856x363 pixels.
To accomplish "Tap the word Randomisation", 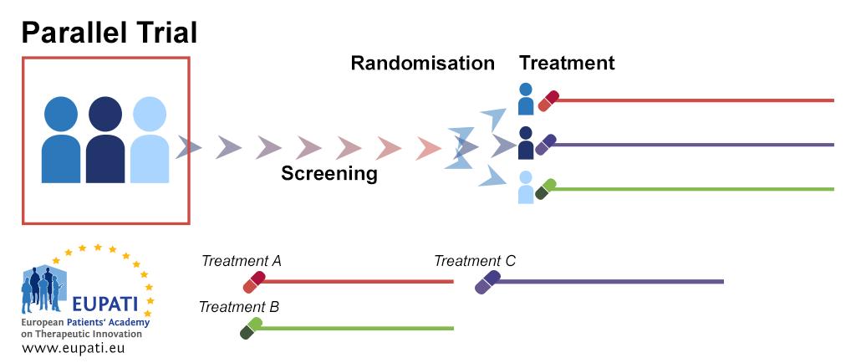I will click(422, 63).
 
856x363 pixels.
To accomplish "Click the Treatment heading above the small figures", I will click(567, 63).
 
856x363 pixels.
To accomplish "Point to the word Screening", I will click(329, 173).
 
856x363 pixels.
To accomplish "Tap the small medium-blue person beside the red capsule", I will click(526, 99).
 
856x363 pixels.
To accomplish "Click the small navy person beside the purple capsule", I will click(526, 143).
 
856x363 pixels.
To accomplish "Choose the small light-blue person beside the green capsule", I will click(526, 187).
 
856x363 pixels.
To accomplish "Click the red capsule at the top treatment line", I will click(548, 100).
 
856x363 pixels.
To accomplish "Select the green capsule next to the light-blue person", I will click(546, 189).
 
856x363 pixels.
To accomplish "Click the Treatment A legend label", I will click(242, 261).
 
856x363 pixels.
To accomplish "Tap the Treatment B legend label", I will click(238, 306).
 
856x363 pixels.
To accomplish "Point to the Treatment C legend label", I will click(475, 261).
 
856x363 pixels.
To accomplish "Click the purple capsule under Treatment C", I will click(487, 282).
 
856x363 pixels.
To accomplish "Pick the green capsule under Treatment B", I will click(250, 328).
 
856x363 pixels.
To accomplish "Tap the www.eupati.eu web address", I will click(74, 347).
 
